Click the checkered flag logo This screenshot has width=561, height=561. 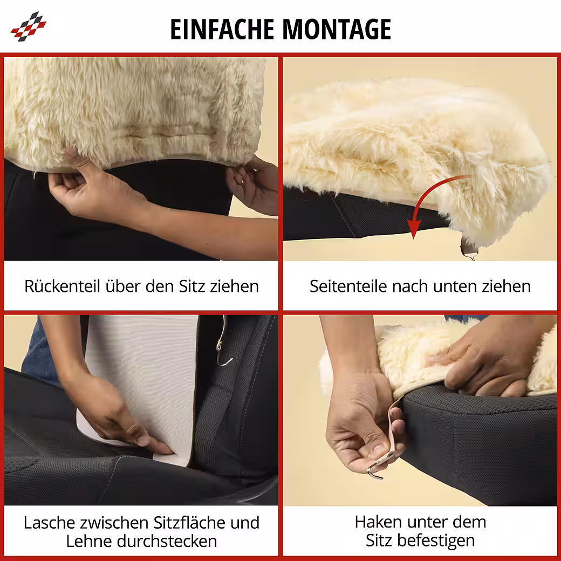pos(28,26)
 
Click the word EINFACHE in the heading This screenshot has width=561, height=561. pos(222,29)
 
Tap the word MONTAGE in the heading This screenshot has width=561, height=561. pos(337,29)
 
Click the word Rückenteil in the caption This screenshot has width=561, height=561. pos(62,286)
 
